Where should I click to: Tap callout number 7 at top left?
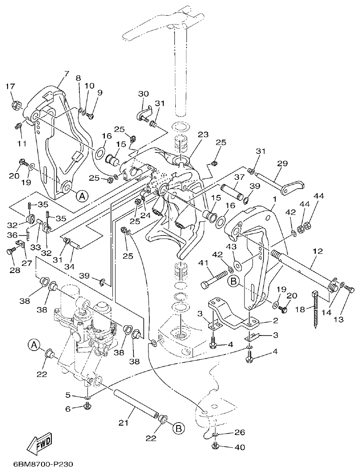pos(66,74)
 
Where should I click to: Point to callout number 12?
pos(317,252)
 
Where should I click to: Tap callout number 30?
pos(143,94)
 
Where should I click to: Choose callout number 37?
pos(240,177)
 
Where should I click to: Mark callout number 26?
pos(240,432)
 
